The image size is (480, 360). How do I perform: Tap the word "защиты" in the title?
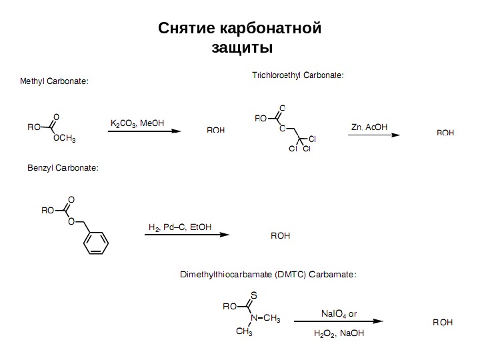[x=241, y=48]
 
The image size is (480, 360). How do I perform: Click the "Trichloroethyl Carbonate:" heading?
[x=297, y=75]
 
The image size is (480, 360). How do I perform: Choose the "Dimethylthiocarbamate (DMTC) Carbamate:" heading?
[x=269, y=274]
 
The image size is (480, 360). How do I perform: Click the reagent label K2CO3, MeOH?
[x=137, y=123]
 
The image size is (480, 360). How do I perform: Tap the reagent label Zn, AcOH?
[x=369, y=127]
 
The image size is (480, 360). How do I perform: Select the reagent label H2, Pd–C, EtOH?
[x=179, y=227]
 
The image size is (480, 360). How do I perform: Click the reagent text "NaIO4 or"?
[x=339, y=313]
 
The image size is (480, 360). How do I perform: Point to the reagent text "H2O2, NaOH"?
[x=339, y=333]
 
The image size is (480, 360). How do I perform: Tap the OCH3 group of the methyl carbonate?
[x=64, y=139]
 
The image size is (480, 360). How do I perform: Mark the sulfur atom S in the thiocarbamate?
[x=255, y=294]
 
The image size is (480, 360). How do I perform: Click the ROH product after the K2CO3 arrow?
[x=215, y=131]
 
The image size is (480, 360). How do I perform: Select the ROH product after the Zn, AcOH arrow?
[x=445, y=133]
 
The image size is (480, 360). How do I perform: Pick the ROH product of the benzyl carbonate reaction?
[x=280, y=236]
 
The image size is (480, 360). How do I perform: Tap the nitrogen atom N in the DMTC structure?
[x=254, y=318]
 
